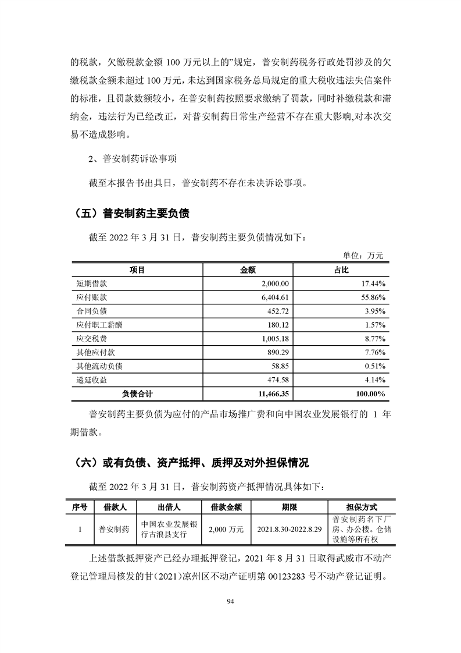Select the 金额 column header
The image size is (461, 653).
248,270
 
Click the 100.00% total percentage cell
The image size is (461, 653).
370,394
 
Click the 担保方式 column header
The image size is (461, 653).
361,506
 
